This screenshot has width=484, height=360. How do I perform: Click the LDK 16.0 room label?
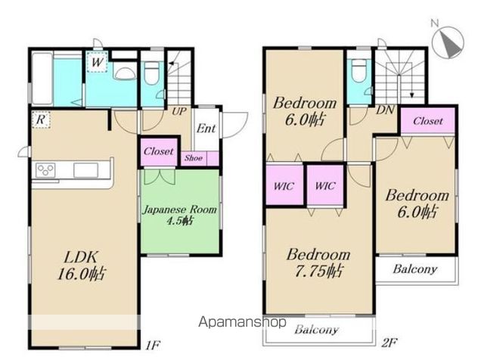point(82,265)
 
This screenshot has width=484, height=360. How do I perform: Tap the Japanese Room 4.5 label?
point(180,215)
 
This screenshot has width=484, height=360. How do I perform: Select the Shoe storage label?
point(194,158)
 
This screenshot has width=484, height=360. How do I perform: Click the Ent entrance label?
point(206,128)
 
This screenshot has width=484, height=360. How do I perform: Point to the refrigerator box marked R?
point(41,119)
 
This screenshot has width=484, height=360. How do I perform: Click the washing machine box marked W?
point(97,62)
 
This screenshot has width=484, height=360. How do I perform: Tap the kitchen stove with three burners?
point(45,170)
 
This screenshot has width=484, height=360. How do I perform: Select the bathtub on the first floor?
point(42,79)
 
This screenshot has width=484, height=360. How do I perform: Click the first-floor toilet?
point(151,73)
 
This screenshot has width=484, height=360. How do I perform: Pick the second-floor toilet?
point(358,70)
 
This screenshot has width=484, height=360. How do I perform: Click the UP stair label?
point(179,111)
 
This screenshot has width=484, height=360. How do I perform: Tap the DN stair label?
point(385,110)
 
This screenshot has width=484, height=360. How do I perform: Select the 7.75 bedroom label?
point(318,262)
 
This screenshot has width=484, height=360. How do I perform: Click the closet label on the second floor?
point(428,121)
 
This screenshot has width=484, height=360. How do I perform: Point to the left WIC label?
point(284,186)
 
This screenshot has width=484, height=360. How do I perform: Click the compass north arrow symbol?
point(448,42)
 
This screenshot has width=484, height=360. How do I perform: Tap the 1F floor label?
point(153,345)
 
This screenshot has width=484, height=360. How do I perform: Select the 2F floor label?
point(389,343)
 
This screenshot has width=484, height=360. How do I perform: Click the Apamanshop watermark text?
point(242,322)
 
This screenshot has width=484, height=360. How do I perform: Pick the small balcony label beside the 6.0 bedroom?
point(415,269)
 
